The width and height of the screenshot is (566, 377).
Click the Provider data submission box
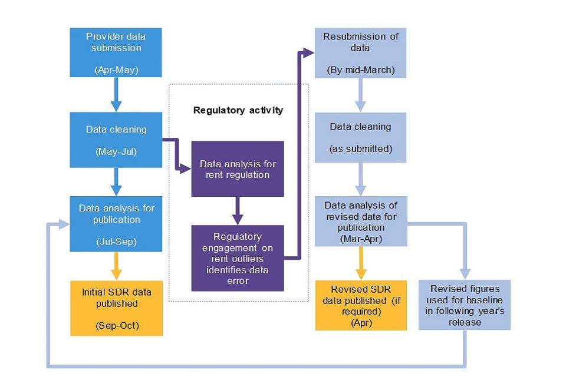(116, 52)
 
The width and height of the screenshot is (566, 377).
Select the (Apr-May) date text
(116, 70)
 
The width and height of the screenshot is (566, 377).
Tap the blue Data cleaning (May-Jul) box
(116, 140)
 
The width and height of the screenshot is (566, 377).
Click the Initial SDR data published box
(116, 308)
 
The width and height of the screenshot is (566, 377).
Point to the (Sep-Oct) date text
(116, 325)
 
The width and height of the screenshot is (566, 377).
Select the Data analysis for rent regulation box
(238, 168)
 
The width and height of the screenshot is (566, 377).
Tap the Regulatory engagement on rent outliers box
(238, 258)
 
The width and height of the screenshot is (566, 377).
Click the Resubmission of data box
(361, 52)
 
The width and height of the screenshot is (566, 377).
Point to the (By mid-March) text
(361, 71)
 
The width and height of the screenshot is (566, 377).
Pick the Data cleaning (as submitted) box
(361, 137)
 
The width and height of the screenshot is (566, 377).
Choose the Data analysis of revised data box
(361, 222)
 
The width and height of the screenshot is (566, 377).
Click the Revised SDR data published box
(361, 305)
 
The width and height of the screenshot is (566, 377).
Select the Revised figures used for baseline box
(464, 305)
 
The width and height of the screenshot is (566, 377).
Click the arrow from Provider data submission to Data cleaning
(116, 94)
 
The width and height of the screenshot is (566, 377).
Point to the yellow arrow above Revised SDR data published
(361, 263)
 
